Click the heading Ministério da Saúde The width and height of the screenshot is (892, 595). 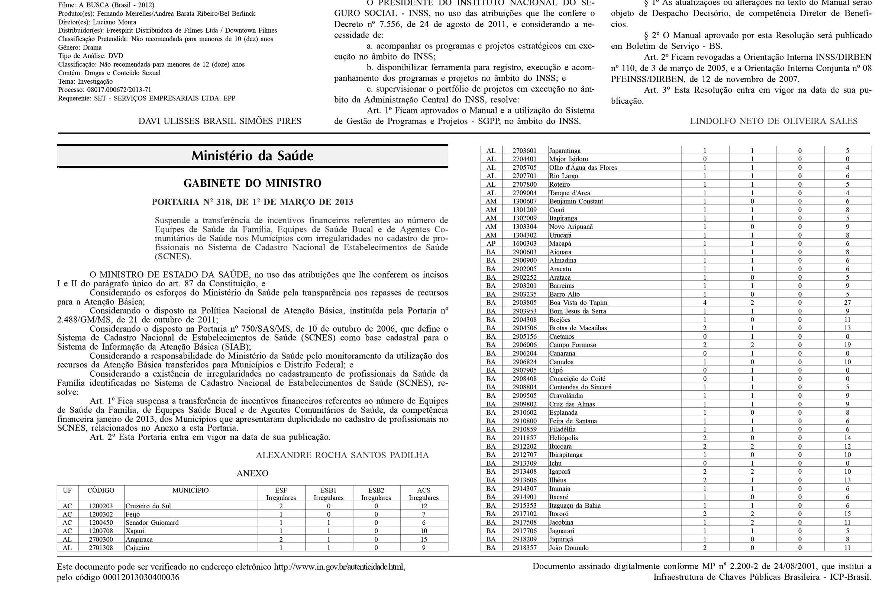click(x=252, y=155)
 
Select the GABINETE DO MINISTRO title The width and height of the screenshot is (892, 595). click(x=252, y=183)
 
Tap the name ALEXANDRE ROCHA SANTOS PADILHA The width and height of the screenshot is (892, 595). click(x=342, y=455)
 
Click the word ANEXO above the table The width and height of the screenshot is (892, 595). click(x=252, y=473)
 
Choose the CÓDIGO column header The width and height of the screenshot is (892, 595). click(x=101, y=490)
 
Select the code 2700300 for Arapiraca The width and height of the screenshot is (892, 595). click(x=101, y=539)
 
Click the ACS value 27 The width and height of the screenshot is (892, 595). click(x=847, y=302)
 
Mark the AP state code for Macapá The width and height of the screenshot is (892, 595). click(x=491, y=244)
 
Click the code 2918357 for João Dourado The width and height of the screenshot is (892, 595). click(x=524, y=547)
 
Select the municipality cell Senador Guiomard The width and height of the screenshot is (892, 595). click(x=152, y=522)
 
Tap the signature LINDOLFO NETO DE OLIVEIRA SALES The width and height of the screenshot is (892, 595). click(x=774, y=121)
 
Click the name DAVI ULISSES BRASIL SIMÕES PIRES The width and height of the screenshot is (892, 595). click(x=220, y=121)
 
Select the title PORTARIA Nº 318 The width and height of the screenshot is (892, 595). click(x=252, y=202)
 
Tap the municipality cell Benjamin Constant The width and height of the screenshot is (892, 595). click(x=576, y=201)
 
